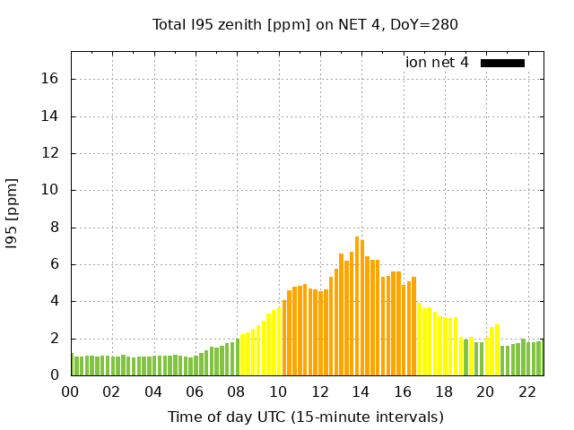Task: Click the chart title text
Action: coord(305,24)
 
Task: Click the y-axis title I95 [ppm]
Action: coord(13,213)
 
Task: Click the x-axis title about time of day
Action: coord(305,417)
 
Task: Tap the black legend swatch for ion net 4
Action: coord(502,63)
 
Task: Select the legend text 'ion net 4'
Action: coord(437,63)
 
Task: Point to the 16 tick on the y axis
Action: coord(50,79)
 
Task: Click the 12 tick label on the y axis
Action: coord(50,153)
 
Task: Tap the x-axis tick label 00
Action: coord(71,391)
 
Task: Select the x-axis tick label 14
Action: coord(361,391)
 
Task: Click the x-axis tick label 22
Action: coord(526,391)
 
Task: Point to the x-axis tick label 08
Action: coord(237,391)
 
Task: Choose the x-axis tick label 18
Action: coord(444,391)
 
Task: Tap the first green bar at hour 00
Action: coord(73,365)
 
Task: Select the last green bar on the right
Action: coord(540,358)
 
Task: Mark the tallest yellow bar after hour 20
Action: coord(497,350)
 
